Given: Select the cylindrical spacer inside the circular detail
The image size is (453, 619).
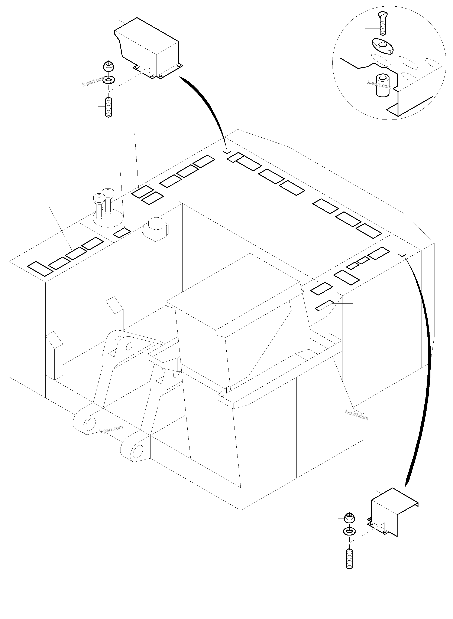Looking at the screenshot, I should [x=382, y=85].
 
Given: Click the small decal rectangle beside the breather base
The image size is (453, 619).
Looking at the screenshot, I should [x=122, y=233].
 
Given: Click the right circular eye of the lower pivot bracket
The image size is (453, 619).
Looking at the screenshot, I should [x=137, y=450].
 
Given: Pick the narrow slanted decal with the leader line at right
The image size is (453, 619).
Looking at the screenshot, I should [x=324, y=305].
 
